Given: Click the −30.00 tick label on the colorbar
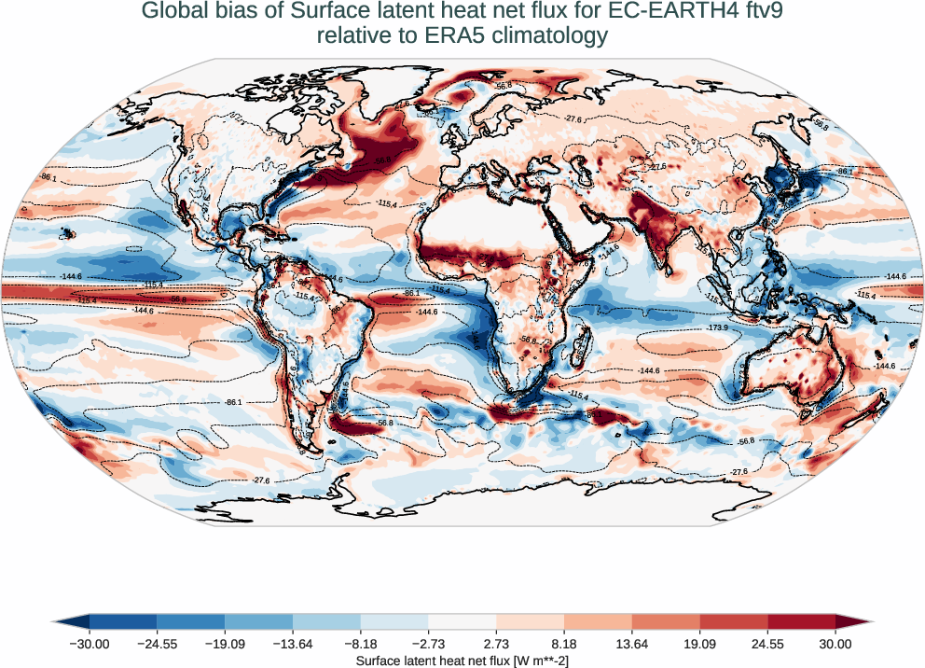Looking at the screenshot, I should tap(89, 643).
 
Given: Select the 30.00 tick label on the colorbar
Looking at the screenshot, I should tap(835, 643).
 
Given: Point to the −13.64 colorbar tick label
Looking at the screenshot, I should tap(292, 643).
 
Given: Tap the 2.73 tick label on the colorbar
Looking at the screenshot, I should tap(496, 643).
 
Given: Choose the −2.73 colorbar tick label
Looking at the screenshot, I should tap(428, 643).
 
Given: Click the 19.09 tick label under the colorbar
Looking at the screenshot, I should tap(699, 643).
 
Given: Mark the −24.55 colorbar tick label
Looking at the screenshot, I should tap(157, 643).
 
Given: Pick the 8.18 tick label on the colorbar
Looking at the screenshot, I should tap(564, 643).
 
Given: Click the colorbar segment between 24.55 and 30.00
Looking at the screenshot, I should tap(801, 621).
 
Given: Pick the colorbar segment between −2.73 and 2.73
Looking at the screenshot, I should tap(462, 621).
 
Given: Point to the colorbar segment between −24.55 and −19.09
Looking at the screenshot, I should tap(190, 621).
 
